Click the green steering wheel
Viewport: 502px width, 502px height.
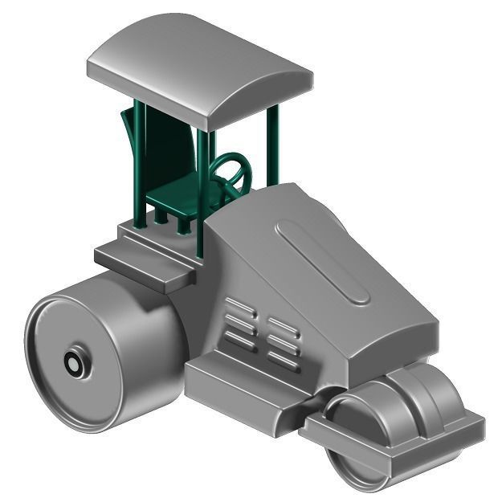232,171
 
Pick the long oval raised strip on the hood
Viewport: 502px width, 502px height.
321,261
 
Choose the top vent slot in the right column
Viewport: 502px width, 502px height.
283,325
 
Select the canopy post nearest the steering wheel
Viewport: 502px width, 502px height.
211,173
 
